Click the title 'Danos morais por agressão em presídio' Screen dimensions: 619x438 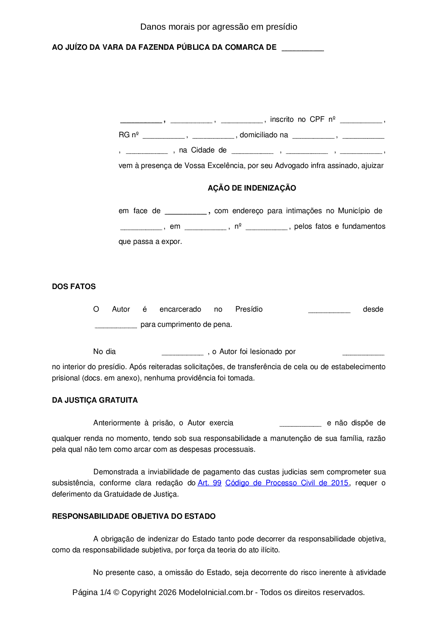(219, 27)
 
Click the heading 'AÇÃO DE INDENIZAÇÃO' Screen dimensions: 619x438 (252, 188)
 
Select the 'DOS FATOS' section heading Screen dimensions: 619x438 (74, 287)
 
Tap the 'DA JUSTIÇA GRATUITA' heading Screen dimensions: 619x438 (95, 400)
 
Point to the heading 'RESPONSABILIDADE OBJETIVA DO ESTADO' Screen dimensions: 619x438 (134, 516)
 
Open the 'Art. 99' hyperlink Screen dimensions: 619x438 (209, 483)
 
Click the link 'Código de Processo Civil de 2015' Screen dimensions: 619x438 (287, 483)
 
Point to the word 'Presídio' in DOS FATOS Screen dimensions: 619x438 (249, 309)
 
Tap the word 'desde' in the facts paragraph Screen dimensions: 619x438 (373, 309)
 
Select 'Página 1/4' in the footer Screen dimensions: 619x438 (91, 592)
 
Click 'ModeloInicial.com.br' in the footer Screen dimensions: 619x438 (216, 592)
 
